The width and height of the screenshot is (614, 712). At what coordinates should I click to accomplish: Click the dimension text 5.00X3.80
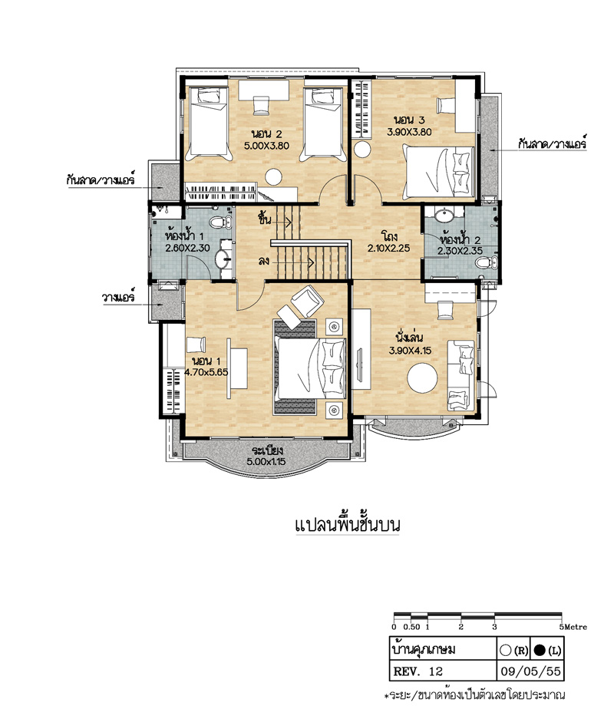266,146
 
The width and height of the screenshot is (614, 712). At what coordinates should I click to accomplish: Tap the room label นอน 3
409,120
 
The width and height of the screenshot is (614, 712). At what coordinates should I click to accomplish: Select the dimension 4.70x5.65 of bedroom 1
206,372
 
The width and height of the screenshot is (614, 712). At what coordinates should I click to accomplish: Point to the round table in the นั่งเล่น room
422,377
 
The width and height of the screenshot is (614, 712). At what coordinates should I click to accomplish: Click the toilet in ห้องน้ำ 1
221,222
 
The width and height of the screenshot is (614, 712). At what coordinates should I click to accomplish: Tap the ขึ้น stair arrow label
265,219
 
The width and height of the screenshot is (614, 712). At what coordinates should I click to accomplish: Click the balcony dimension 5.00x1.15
266,461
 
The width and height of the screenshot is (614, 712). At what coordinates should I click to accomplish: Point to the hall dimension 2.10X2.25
389,249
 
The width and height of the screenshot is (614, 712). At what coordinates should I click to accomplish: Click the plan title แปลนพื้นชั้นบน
348,525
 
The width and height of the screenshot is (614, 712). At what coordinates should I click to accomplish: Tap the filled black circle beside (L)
540,651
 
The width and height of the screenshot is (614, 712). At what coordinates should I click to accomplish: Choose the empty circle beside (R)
505,651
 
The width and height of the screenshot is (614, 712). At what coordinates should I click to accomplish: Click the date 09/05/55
530,671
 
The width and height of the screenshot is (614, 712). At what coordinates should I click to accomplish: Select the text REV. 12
418,671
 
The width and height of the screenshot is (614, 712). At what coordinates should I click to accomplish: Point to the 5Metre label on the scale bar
573,627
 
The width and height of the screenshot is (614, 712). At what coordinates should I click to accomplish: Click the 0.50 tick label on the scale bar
411,627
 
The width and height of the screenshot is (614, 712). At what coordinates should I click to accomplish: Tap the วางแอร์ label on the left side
118,298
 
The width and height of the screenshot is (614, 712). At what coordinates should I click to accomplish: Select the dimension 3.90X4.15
410,351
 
